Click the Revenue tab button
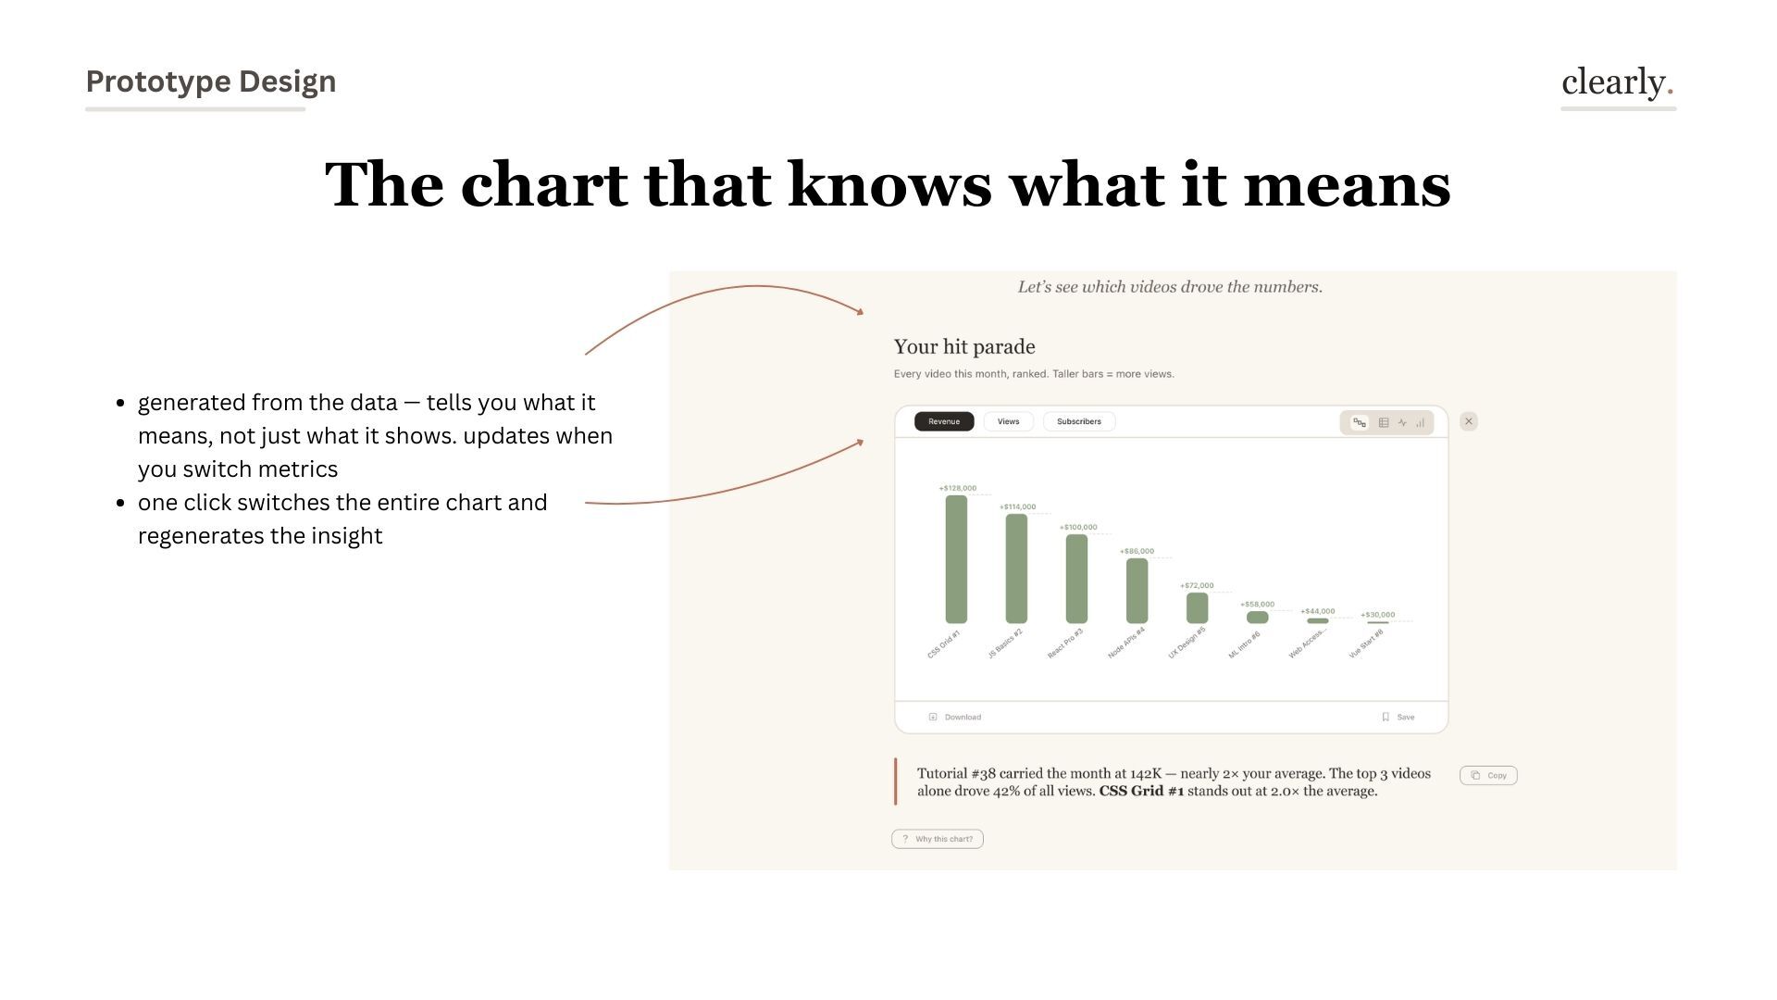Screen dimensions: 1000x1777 (944, 421)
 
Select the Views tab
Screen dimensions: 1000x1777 (1008, 421)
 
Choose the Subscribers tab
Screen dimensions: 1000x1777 (1078, 421)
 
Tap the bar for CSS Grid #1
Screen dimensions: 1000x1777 (956, 559)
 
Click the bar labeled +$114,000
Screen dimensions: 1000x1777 (1016, 569)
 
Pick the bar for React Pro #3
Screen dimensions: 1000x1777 (1076, 579)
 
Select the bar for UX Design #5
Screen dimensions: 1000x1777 (1197, 608)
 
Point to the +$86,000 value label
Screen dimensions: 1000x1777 (1137, 551)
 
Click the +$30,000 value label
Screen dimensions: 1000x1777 (1377, 615)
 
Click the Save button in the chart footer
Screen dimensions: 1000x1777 (1398, 717)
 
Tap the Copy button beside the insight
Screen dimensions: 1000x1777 (1488, 775)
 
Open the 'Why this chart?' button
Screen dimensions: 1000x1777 (938, 839)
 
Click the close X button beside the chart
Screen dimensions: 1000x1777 (1469, 421)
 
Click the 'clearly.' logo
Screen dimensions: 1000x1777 (1617, 82)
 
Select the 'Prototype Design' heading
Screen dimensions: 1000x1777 (211, 81)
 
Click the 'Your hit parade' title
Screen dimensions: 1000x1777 (964, 346)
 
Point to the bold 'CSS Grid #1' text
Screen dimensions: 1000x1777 (1141, 791)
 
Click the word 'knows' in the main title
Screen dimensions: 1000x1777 (889, 184)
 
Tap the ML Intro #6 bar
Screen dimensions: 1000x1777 (1257, 617)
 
